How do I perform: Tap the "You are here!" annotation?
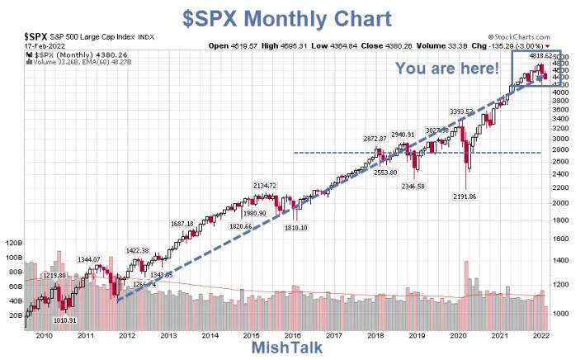coord(447,69)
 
